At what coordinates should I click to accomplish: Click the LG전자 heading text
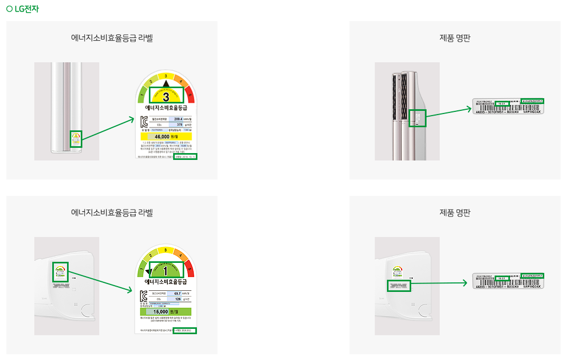tap(26, 9)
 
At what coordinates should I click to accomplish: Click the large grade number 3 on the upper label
tap(166, 97)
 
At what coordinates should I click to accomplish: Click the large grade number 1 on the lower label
tap(166, 270)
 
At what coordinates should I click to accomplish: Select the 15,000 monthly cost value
tap(164, 311)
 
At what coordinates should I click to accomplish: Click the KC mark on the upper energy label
tap(144, 121)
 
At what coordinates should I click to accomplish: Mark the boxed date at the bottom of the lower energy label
tap(185, 330)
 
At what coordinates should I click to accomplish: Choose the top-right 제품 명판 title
tap(455, 38)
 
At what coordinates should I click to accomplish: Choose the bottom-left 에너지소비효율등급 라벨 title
tap(112, 213)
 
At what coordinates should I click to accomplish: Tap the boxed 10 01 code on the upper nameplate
tap(502, 103)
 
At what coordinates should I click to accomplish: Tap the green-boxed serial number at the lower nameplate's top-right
tap(532, 276)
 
